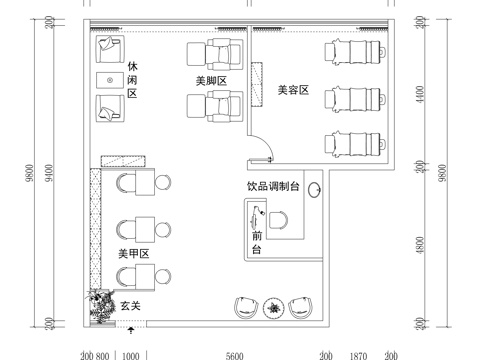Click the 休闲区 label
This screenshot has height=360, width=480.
(x=132, y=79)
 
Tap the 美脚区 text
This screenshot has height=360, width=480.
(x=213, y=77)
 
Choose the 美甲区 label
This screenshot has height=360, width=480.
(x=133, y=254)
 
